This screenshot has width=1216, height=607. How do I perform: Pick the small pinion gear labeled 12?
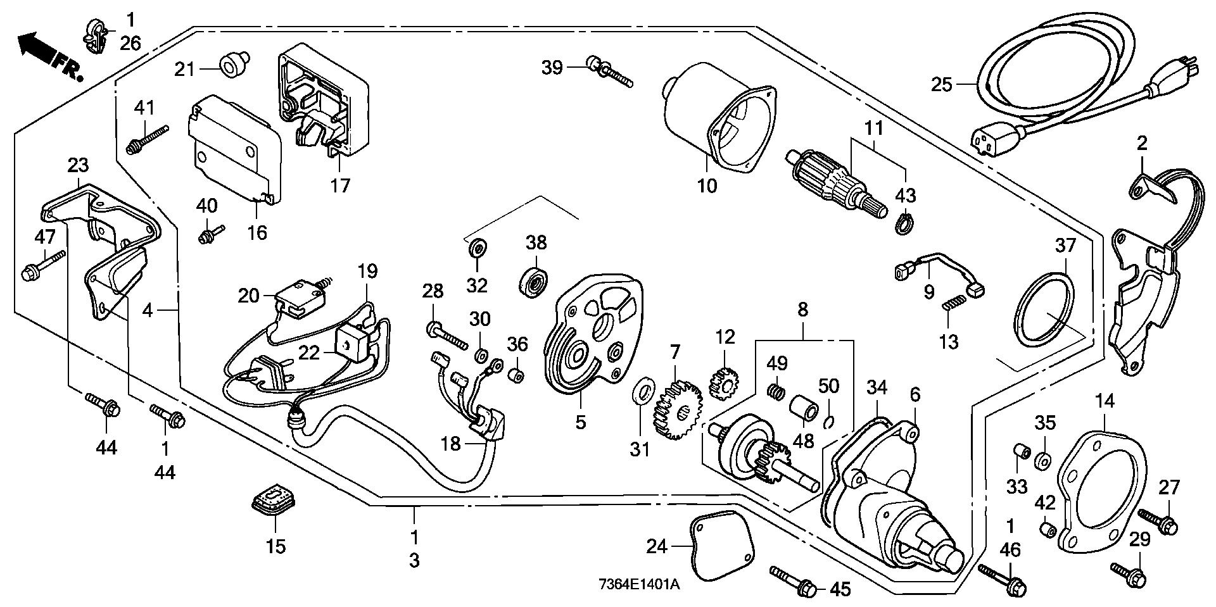click(x=725, y=384)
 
